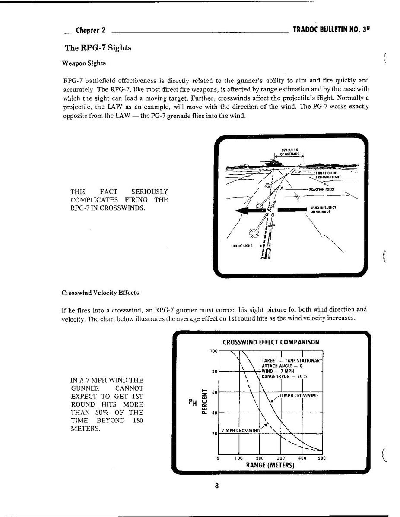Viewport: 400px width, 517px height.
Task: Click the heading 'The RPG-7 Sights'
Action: click(x=98, y=48)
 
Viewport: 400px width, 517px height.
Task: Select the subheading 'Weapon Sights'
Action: click(x=84, y=63)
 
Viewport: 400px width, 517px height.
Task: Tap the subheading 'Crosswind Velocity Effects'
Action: click(x=100, y=293)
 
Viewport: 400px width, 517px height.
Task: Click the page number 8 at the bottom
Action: click(x=216, y=485)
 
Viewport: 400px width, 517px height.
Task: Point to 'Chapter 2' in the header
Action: click(x=90, y=30)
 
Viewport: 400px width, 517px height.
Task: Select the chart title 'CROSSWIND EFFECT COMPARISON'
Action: click(x=271, y=342)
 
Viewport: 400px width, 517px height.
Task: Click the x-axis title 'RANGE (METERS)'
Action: click(x=270, y=465)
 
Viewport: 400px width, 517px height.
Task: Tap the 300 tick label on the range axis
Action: click(x=281, y=458)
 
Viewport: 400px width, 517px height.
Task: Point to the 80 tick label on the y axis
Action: click(x=214, y=372)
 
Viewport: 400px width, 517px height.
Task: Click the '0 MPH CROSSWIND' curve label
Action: click(x=299, y=396)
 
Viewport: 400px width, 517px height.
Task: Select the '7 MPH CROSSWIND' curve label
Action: click(x=241, y=431)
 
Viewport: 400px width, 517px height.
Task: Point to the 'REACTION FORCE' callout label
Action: click(x=321, y=189)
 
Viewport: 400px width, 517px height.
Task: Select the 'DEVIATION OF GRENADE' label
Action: click(x=289, y=152)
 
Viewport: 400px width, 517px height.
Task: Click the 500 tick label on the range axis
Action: click(x=322, y=458)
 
